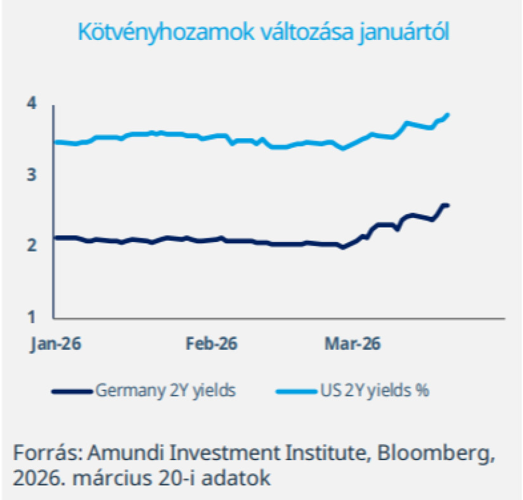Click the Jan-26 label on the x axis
pyautogui.click(x=56, y=343)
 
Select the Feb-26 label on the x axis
pyautogui.click(x=211, y=343)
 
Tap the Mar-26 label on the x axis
pyautogui.click(x=352, y=343)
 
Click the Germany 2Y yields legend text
pyautogui.click(x=166, y=390)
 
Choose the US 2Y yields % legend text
pyautogui.click(x=374, y=390)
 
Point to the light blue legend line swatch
pyautogui.click(x=296, y=390)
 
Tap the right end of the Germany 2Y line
pyautogui.click(x=448, y=205)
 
